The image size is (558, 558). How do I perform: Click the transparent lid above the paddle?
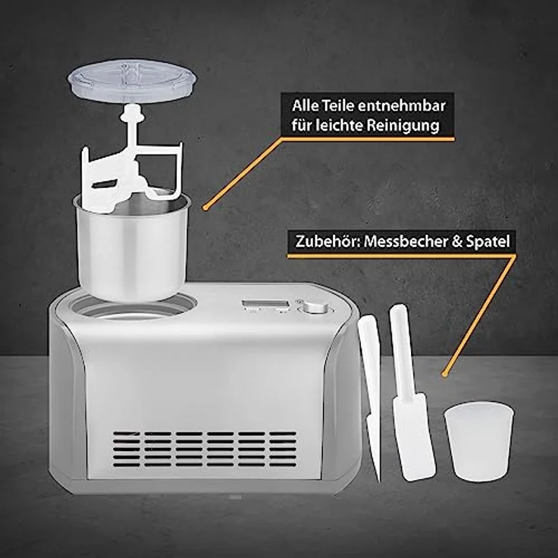point(131,80)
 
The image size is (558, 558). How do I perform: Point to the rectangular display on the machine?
point(265,306)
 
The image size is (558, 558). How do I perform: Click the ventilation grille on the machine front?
point(205,449)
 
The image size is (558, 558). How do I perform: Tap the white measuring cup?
point(478,440)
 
